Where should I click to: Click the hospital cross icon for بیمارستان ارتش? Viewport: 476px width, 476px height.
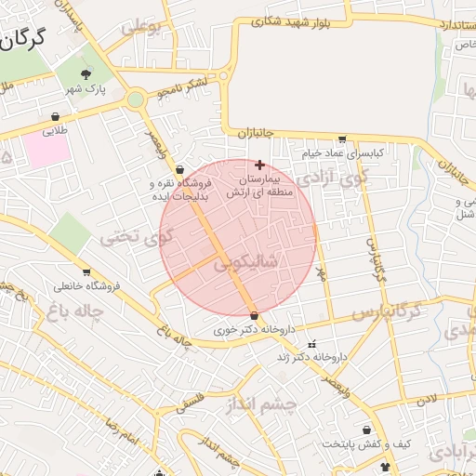[x=258, y=165]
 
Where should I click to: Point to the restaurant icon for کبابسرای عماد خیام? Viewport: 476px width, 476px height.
[x=342, y=139]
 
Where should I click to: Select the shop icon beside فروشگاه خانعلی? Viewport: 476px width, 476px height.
[x=86, y=273]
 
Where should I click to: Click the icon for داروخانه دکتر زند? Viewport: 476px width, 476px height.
[x=311, y=344]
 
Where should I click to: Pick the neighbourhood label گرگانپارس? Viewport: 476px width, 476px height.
[x=390, y=309]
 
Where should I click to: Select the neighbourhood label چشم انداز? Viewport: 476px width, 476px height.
[x=260, y=404]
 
